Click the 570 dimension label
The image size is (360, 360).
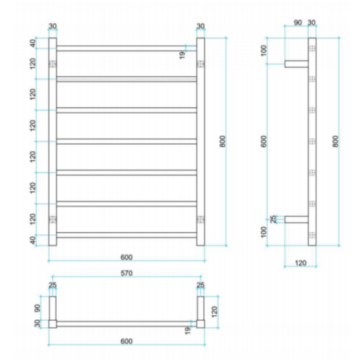[126, 273]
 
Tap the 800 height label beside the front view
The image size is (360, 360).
[222, 142]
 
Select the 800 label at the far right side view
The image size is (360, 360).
[335, 142]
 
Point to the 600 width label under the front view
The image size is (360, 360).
[126, 258]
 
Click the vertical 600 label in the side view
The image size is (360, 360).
[263, 142]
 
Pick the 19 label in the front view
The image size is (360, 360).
[182, 55]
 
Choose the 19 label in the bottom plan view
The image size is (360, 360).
[188, 330]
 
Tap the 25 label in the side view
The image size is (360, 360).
[273, 219]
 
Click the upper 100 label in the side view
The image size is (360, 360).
[263, 50]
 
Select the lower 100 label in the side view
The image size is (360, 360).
[263, 232]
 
